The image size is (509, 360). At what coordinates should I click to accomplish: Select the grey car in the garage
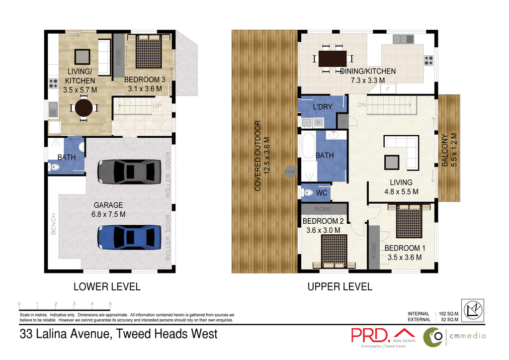click(129, 172)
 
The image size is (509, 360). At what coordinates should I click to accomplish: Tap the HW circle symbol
click(291, 172)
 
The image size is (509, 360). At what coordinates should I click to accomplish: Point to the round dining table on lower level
click(84, 107)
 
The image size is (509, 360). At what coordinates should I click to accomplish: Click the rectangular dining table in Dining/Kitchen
click(333, 59)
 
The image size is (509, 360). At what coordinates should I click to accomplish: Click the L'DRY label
click(323, 107)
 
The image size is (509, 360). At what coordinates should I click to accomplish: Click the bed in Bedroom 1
click(409, 222)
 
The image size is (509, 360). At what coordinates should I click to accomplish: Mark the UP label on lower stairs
click(157, 106)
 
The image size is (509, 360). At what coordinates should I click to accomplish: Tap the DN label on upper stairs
click(362, 105)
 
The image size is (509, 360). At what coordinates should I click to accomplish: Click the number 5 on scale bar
click(110, 303)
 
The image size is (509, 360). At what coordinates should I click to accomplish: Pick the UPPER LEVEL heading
click(339, 287)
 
